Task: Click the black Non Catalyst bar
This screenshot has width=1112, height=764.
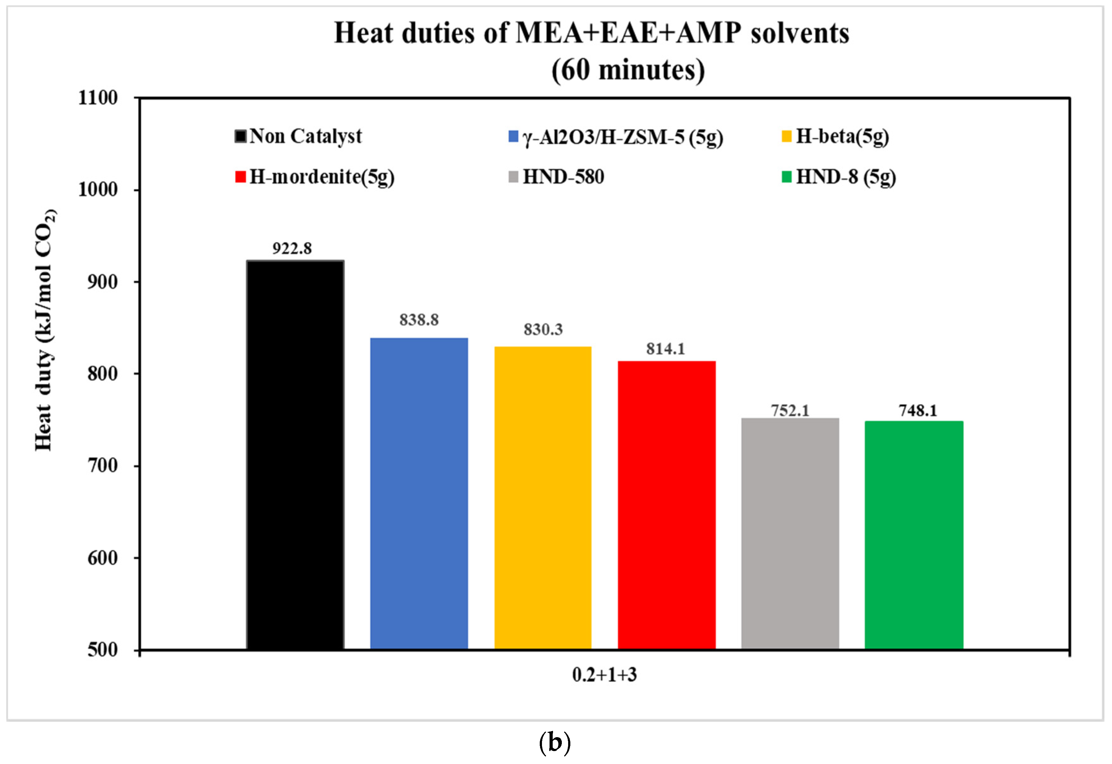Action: (295, 455)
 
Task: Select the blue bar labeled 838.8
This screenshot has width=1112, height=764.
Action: (419, 493)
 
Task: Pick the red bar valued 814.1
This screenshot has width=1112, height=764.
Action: (666, 505)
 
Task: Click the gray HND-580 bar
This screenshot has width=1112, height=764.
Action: (790, 534)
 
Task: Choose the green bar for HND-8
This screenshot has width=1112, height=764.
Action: (914, 535)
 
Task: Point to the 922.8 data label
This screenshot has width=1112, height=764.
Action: (292, 249)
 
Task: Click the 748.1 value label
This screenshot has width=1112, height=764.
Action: (918, 411)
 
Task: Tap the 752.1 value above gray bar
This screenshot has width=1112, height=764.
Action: (790, 411)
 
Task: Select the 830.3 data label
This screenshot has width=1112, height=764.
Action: (543, 329)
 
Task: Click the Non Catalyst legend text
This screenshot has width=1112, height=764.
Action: (305, 136)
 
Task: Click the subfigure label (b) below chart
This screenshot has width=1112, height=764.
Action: (555, 743)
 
